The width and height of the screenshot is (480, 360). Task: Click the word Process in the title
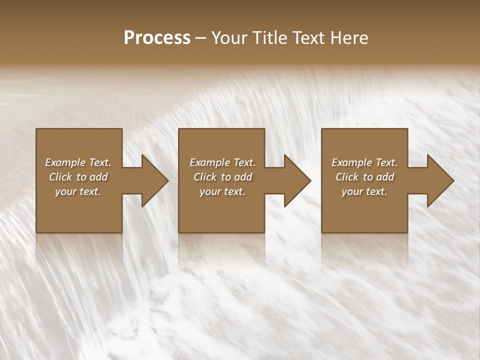pos(157,38)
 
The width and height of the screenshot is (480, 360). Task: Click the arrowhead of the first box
pos(152,180)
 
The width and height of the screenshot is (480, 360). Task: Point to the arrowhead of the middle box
pos(295,180)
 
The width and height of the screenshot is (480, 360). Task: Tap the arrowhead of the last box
pos(438,180)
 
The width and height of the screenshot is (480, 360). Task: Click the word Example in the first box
pos(65,162)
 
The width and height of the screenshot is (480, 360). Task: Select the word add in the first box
pos(98,177)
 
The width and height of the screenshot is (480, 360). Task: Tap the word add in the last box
pos(385,177)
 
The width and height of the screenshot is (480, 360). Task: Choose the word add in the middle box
pos(243,177)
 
